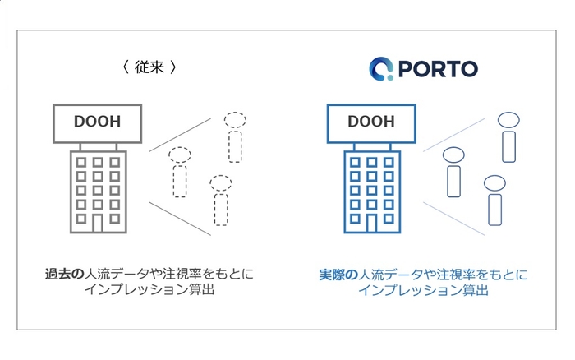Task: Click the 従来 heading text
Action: click(x=149, y=67)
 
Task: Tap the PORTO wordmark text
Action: click(x=438, y=69)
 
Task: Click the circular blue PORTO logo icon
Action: click(x=381, y=68)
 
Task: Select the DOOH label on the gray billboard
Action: click(x=97, y=122)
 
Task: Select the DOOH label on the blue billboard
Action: click(x=371, y=122)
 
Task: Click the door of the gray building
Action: click(x=98, y=223)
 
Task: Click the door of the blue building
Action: click(x=371, y=223)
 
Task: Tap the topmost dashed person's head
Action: click(x=235, y=120)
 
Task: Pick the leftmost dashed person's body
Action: click(x=180, y=182)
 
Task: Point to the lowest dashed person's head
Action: click(x=221, y=183)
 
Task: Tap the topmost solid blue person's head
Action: click(x=508, y=120)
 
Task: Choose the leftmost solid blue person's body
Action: click(x=453, y=182)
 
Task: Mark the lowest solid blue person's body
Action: click(x=495, y=210)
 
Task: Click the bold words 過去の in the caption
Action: click(x=65, y=275)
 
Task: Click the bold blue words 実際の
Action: click(x=338, y=275)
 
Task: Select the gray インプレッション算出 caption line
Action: click(x=149, y=289)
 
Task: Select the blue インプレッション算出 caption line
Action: click(x=423, y=290)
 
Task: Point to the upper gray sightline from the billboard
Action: click(x=180, y=135)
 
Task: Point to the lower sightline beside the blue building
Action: click(x=454, y=219)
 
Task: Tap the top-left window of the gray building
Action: click(x=81, y=162)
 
